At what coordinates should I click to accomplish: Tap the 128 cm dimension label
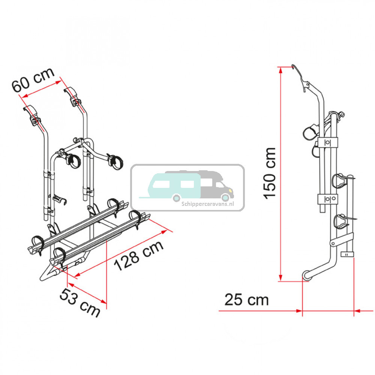139,255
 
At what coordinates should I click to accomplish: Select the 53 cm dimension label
79,303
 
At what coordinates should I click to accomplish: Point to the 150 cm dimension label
270,173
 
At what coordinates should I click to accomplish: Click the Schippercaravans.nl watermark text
208,204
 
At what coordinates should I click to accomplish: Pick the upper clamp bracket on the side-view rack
328,143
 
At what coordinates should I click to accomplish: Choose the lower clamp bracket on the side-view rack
328,199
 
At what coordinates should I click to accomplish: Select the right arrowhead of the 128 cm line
164,232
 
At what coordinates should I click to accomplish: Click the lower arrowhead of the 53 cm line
103,301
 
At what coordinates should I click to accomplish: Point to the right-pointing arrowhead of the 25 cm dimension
299,311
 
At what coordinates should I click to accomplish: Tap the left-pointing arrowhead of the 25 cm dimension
357,311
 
